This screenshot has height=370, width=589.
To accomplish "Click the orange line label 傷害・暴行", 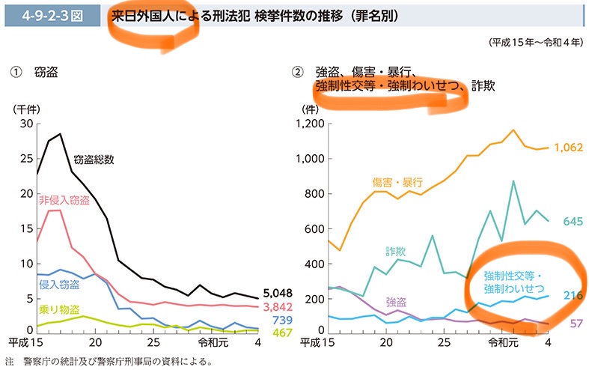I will [x=397, y=182].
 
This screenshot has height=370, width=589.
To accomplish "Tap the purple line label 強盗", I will [x=397, y=302].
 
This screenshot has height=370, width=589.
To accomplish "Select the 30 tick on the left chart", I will [x=27, y=124].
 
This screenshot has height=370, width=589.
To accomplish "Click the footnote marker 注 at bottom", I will [x=9, y=361].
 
